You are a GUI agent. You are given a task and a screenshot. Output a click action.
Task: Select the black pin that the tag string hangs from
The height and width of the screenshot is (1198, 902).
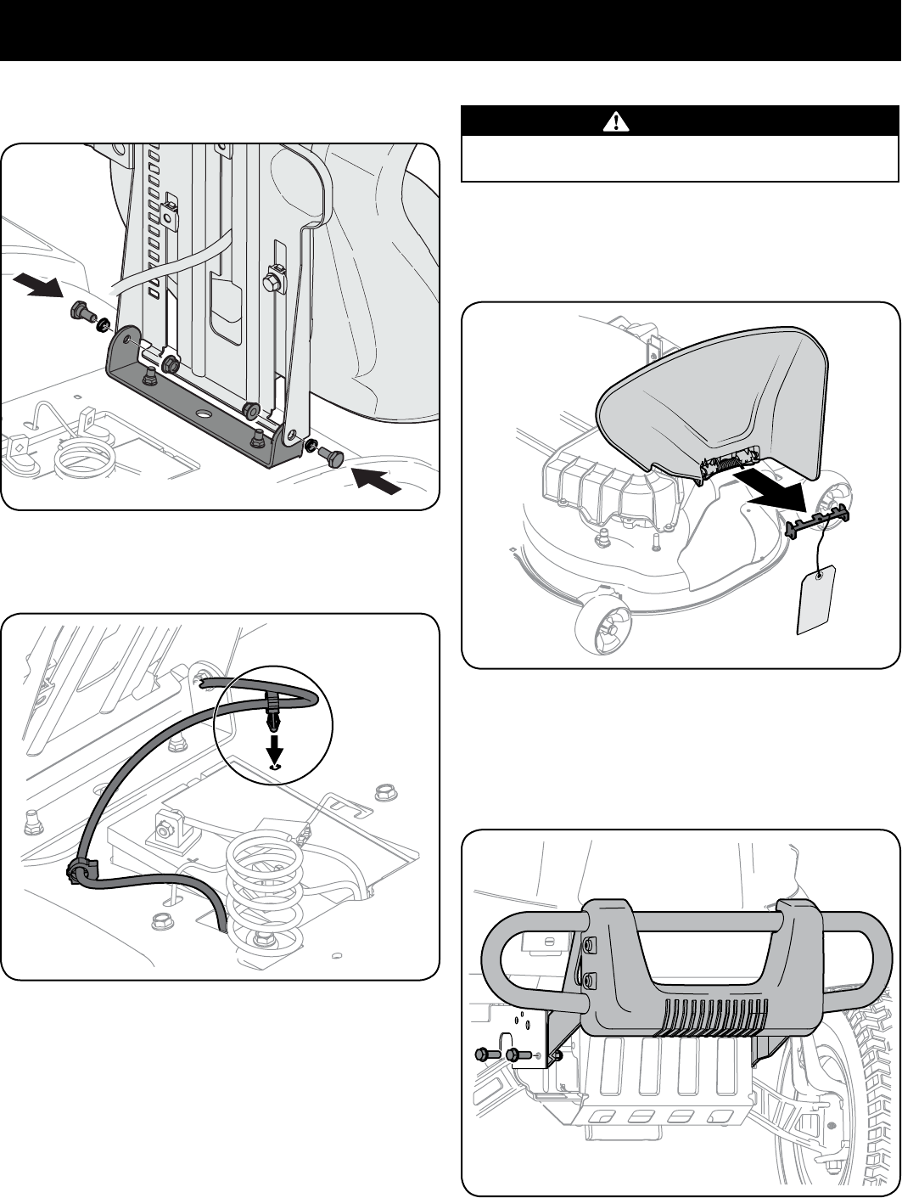(820, 519)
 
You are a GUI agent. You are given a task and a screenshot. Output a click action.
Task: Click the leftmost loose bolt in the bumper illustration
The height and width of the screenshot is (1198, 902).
(484, 1055)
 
